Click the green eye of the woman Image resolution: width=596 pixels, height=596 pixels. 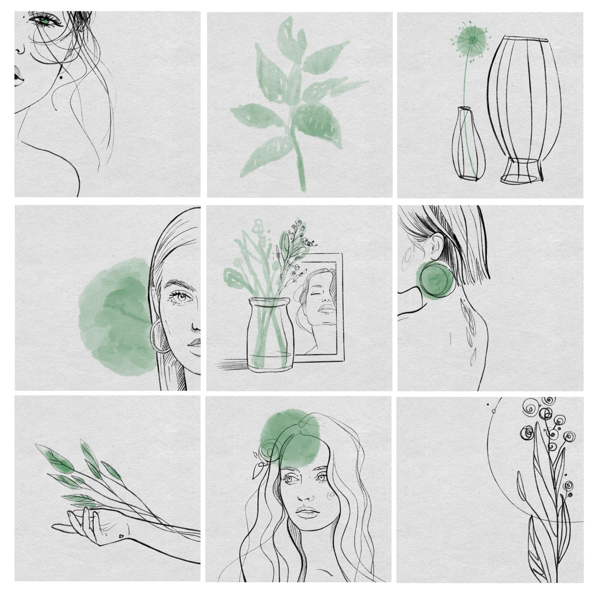(45, 22)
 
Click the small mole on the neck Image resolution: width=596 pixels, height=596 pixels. (61, 76)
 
